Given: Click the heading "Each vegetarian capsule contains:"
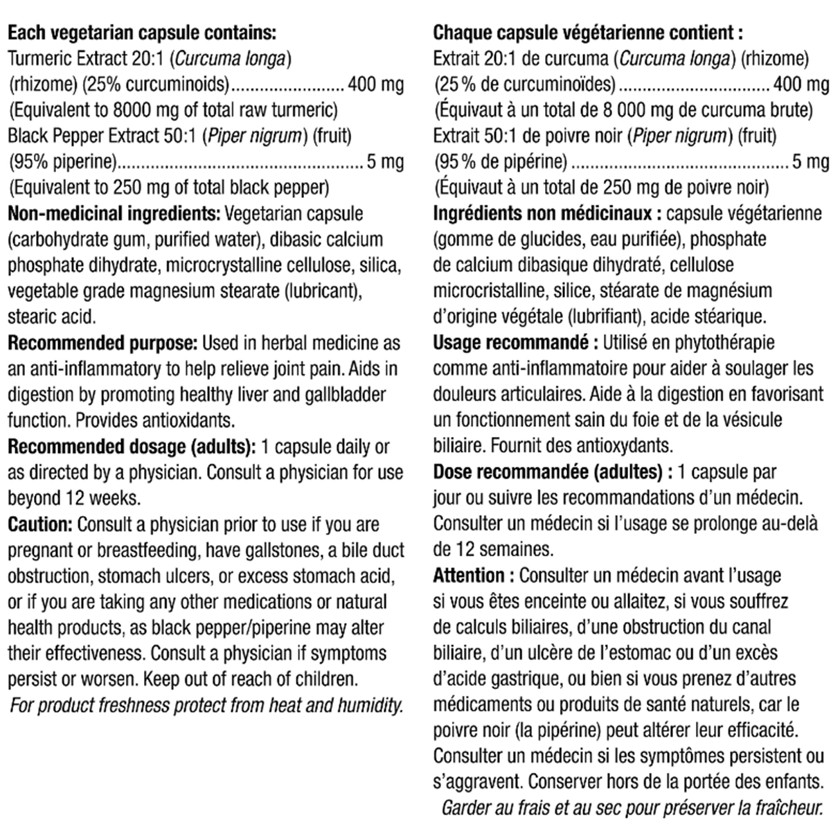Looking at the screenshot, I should coord(142,33).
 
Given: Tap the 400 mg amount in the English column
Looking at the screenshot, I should coord(376,84).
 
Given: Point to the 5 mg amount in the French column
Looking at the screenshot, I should coord(810,162).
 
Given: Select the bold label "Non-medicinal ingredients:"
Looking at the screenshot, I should coord(114,214).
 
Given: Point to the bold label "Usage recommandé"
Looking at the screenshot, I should coord(515,343).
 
